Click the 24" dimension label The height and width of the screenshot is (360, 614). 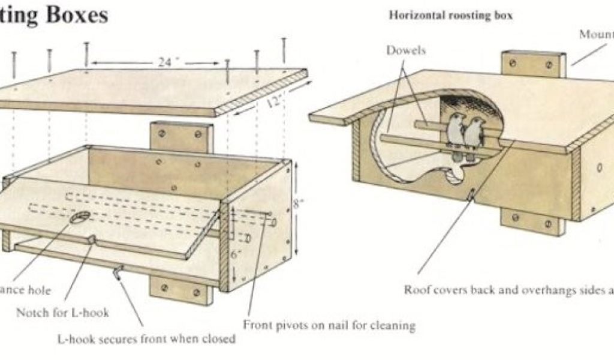pyautogui.click(x=164, y=62)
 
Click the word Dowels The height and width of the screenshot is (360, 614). pyautogui.click(x=405, y=50)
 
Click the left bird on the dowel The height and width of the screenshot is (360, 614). pyautogui.click(x=456, y=131)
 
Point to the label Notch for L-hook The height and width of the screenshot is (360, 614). pyautogui.click(x=62, y=312)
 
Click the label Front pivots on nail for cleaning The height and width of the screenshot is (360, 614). pyautogui.click(x=329, y=325)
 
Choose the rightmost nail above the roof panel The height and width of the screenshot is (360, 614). pyautogui.click(x=284, y=50)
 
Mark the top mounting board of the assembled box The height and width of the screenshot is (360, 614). pyautogui.click(x=533, y=64)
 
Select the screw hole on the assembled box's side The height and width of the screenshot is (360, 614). pyautogui.click(x=599, y=169)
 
